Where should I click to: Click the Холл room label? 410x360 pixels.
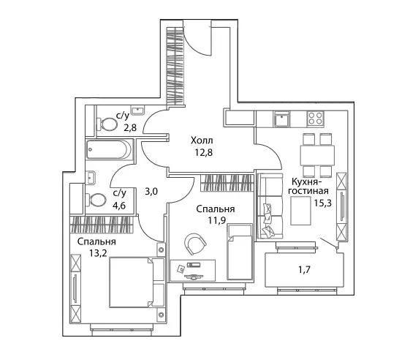tap(202, 140)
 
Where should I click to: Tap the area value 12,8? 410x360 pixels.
tap(204, 152)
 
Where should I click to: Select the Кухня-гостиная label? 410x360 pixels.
tap(308, 186)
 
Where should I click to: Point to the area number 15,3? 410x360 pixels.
tap(323, 203)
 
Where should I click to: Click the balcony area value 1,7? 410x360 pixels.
tap(305, 269)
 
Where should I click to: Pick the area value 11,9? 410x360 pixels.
tap(217, 220)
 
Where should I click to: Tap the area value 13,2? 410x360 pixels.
tap(98, 253)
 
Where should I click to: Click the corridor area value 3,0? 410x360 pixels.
tap(151, 192)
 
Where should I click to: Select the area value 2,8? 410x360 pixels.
tap(130, 128)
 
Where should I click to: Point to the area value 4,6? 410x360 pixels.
tap(119, 206)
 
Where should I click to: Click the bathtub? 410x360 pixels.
tap(109, 149)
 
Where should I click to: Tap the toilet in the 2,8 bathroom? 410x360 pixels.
tap(107, 124)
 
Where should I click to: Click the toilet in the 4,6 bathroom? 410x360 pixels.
tap(96, 200)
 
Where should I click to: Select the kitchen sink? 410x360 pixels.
tap(281, 119)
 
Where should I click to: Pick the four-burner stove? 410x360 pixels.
tap(315, 118)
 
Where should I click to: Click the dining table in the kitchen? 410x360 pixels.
tap(317, 155)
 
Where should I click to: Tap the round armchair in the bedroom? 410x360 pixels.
tap(195, 244)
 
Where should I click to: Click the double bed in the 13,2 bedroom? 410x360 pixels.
tap(137, 282)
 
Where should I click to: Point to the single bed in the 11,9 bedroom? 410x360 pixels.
tap(240, 252)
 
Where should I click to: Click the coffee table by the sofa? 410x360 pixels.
tap(300, 211)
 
